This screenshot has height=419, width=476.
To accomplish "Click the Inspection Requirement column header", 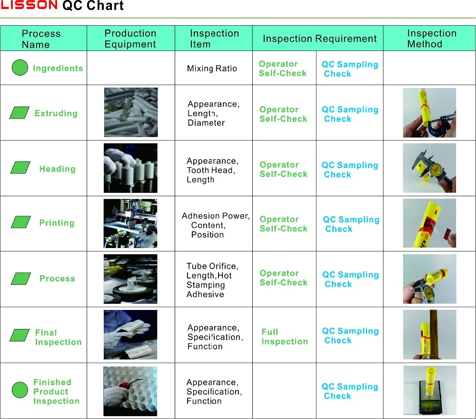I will click(319, 39).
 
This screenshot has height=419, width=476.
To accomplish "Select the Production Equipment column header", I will click(130, 39).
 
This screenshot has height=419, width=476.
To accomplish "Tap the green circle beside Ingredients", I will click(20, 68).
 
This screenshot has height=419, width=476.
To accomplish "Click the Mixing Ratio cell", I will click(212, 69).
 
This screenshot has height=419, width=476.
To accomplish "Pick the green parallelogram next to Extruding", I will click(20, 113).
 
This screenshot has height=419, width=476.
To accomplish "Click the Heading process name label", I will click(57, 169).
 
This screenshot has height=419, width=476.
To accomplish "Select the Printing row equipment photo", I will click(130, 224).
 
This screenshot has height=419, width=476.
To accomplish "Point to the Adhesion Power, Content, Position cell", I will click(215, 225).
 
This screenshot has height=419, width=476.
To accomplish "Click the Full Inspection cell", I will click(284, 337).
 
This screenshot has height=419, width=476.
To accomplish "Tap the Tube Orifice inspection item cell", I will click(212, 280).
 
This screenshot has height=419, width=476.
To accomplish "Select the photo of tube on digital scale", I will click(429, 390).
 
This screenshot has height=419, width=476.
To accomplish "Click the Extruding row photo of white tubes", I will click(130, 112).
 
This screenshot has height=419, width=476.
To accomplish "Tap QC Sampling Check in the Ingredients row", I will click(349, 69).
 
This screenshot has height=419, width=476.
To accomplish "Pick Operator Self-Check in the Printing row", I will click(283, 224).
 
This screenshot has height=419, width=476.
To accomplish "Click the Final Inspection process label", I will click(58, 337).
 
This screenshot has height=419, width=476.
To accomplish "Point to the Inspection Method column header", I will click(431, 39).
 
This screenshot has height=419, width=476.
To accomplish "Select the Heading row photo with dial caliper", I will click(429, 168).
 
